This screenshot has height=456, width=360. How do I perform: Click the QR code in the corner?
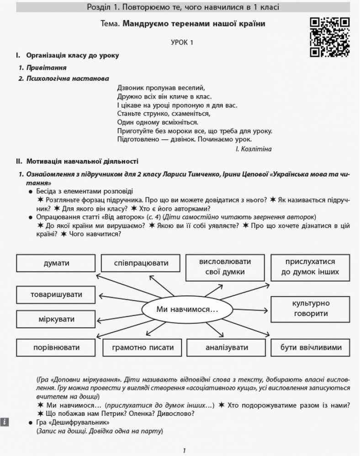tap(329, 37)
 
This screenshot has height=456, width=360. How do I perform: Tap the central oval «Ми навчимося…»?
tap(187, 309)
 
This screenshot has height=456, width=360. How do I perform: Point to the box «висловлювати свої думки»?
tap(225, 267)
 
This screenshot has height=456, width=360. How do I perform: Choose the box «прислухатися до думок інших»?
tap(310, 267)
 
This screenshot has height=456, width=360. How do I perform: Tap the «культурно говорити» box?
tap(310, 309)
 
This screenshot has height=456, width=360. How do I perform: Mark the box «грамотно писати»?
tap(143, 347)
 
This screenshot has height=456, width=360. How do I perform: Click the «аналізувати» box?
tap(227, 347)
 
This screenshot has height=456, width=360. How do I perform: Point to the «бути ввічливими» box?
tap(311, 347)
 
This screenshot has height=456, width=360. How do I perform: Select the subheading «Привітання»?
tap(46, 67)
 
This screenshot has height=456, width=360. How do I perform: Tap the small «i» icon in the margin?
tap(4, 422)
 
